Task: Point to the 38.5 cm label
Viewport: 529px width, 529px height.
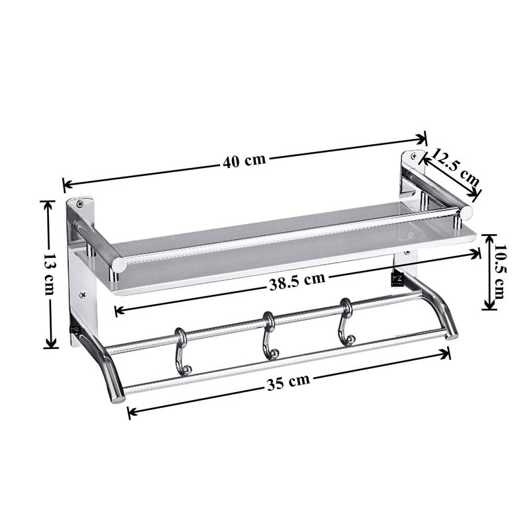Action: point(296,278)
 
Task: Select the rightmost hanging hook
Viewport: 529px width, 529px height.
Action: point(345,323)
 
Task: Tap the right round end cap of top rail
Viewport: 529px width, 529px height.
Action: point(467,213)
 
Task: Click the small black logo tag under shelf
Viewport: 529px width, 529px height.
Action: point(397,280)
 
